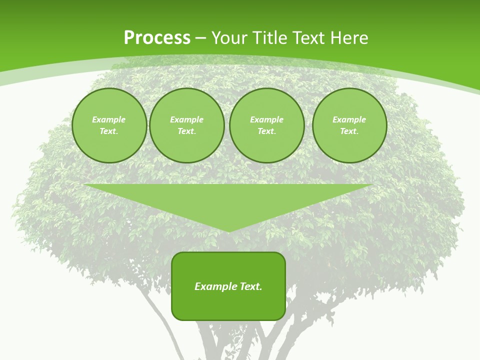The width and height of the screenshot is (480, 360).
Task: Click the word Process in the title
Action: pyautogui.click(x=157, y=38)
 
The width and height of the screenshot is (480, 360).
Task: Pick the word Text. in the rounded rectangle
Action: pyautogui.click(x=250, y=286)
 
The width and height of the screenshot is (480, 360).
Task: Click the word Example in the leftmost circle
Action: pyautogui.click(x=109, y=119)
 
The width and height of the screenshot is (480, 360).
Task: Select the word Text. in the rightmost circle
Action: pyautogui.click(x=349, y=131)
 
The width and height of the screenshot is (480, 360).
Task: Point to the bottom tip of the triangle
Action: pyautogui.click(x=228, y=231)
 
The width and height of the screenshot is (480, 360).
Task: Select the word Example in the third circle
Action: pyautogui.click(x=266, y=119)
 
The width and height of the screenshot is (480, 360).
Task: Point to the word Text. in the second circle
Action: pyautogui.click(x=187, y=131)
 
